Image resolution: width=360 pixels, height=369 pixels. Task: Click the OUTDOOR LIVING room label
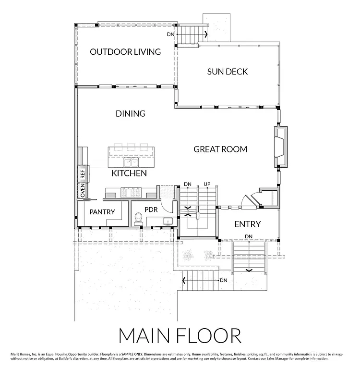tap(125, 51)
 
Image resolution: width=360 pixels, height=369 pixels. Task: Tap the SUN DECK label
tap(228, 72)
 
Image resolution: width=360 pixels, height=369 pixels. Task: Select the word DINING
tap(131, 114)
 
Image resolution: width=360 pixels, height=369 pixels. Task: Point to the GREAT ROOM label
tap(220, 149)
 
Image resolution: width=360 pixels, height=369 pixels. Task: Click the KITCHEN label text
tap(129, 173)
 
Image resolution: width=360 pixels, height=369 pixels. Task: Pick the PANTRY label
tap(102, 211)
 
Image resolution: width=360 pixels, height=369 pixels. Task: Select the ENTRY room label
tap(247, 224)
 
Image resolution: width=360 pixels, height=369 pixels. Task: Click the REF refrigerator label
tap(83, 174)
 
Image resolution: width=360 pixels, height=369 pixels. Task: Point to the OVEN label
tap(83, 190)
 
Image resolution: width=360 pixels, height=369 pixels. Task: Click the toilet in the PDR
tap(139, 219)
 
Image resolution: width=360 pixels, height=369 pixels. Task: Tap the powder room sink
tap(168, 221)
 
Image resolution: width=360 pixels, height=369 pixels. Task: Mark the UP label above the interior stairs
tap(207, 184)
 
